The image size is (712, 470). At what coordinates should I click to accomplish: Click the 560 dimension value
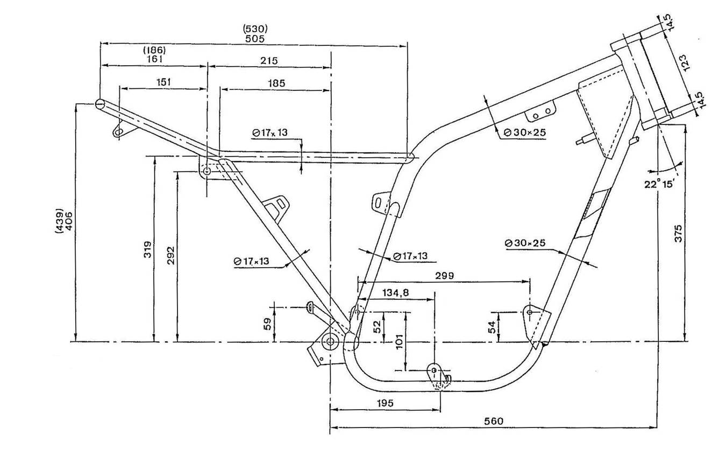click(494, 421)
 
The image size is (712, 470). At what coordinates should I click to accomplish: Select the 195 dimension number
click(385, 403)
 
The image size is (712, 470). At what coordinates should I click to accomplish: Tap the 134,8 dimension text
click(395, 292)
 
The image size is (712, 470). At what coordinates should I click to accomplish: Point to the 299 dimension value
click(444, 276)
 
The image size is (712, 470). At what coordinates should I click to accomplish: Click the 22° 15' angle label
click(659, 184)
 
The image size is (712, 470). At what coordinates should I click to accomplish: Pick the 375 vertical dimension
click(678, 233)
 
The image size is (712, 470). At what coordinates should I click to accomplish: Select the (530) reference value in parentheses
click(255, 29)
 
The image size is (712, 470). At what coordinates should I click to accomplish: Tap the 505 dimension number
click(255, 39)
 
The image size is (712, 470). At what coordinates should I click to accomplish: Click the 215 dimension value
click(269, 60)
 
